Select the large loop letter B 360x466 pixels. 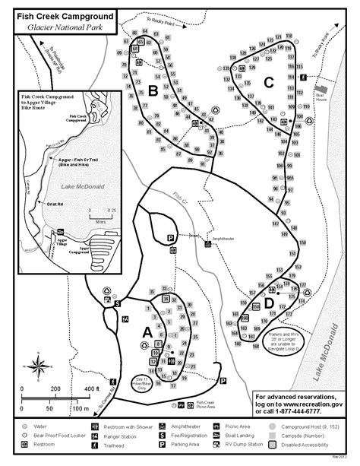click(x=152, y=91)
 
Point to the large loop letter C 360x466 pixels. click(x=268, y=81)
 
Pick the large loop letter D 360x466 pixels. click(x=269, y=303)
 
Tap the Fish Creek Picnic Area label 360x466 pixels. click(x=206, y=405)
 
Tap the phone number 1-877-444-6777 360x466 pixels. click(x=289, y=411)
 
